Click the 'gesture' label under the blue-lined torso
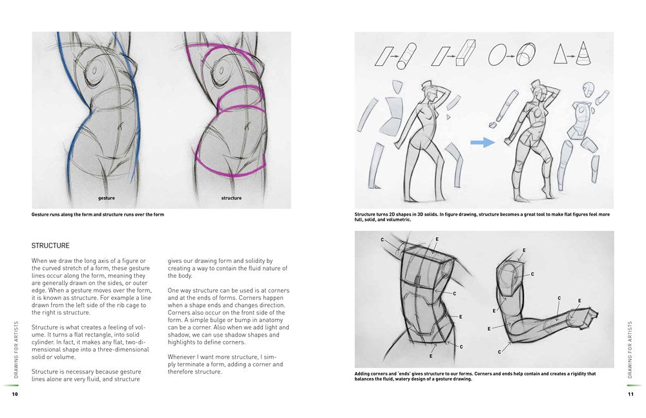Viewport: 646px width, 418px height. [x=107, y=198]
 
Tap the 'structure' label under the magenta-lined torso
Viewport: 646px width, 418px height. [x=231, y=198]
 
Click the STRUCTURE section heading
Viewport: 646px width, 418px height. [x=50, y=246]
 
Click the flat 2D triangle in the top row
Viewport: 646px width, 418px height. [x=562, y=56]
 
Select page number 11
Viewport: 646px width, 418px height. [x=631, y=393]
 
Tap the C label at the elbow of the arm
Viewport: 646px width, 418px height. [x=500, y=351]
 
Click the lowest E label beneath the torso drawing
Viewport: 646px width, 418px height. [x=430, y=356]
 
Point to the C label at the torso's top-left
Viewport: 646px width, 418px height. [x=382, y=240]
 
